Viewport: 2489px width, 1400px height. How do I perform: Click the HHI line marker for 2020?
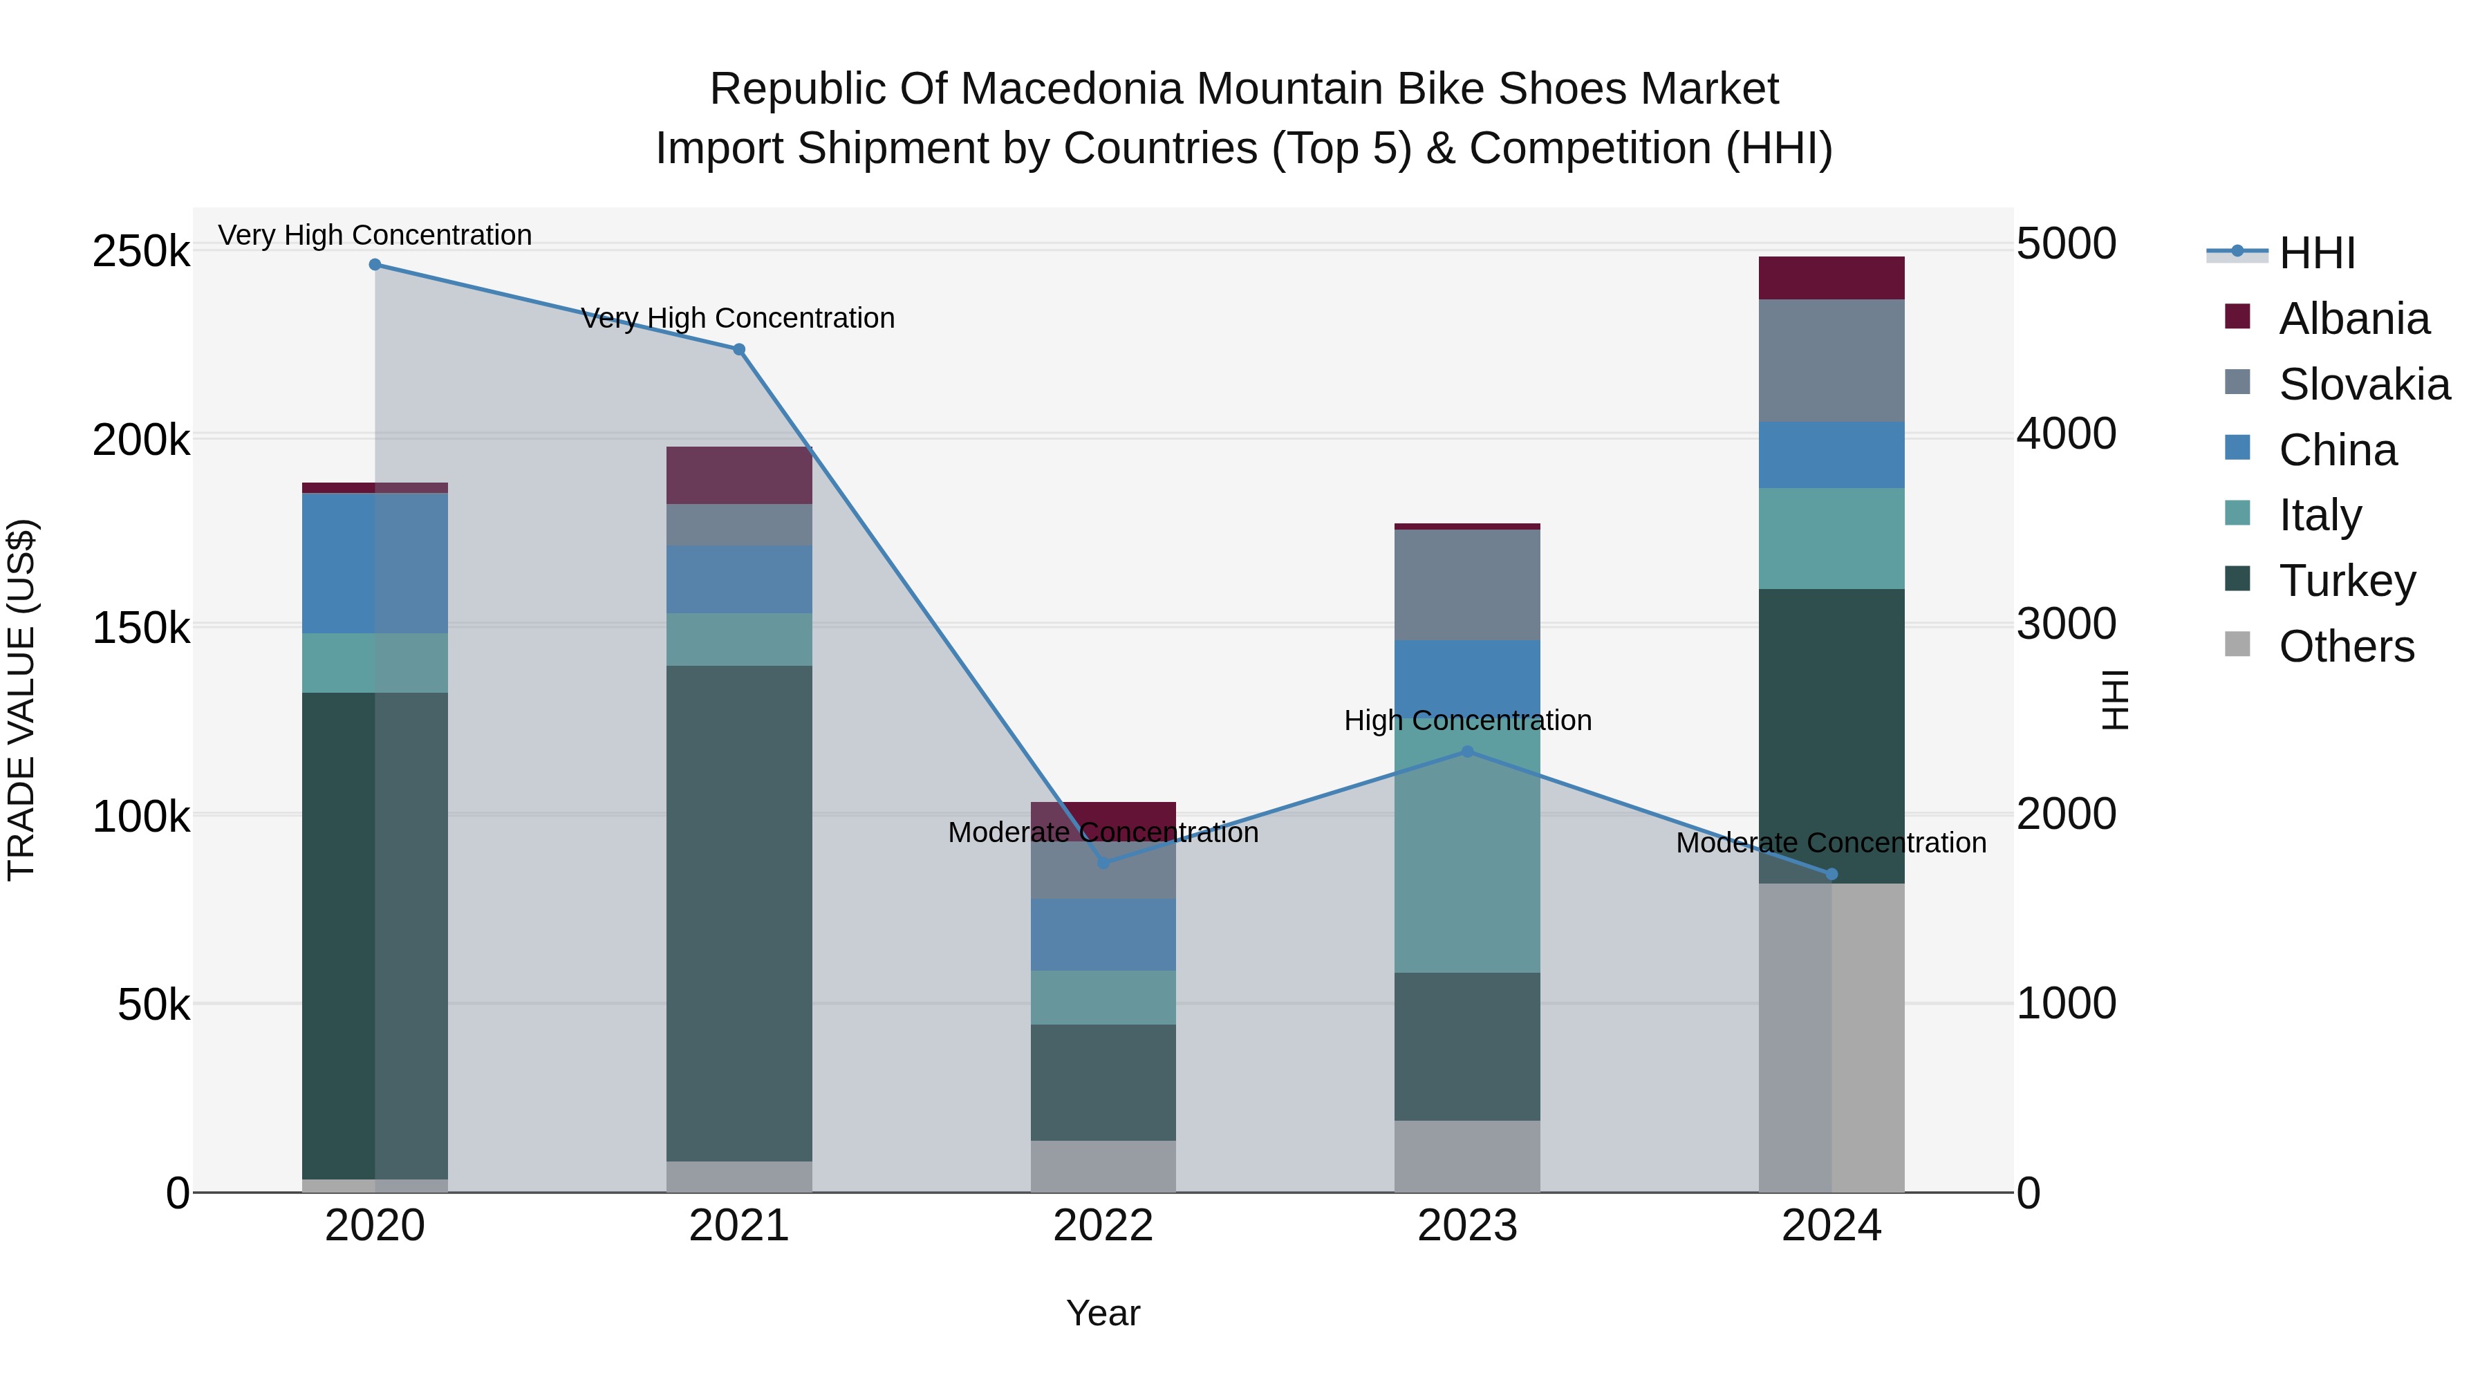[x=375, y=265]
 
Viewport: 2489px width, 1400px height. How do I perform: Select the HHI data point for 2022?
[x=1103, y=862]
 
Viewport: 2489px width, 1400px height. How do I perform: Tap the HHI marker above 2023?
[x=1466, y=752]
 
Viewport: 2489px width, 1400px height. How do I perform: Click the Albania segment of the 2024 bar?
[x=1831, y=278]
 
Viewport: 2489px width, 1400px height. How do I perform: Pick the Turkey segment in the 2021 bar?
[x=739, y=913]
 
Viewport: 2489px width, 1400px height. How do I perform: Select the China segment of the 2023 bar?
[x=1466, y=676]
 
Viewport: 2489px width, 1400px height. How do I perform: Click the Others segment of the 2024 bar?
[x=1831, y=1038]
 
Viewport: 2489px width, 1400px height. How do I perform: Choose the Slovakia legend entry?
[x=2362, y=384]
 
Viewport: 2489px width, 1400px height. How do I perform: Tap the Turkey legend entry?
[x=2346, y=581]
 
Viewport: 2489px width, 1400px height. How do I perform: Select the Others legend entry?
[x=2345, y=646]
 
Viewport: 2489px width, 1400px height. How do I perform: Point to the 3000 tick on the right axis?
[x=2066, y=624]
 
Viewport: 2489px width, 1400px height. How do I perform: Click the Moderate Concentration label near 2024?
[x=1830, y=843]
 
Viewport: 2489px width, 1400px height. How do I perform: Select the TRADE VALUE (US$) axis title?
[x=21, y=700]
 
